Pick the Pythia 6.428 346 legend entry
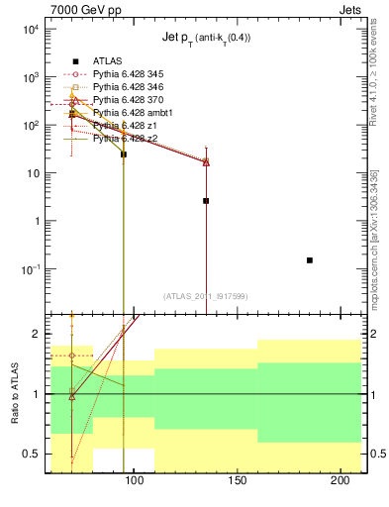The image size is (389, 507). pyautogui.click(x=126, y=87)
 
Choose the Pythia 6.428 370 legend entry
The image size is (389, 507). pyautogui.click(x=126, y=100)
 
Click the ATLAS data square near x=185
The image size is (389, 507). pyautogui.click(x=310, y=260)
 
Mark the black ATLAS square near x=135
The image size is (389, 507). pyautogui.click(x=206, y=201)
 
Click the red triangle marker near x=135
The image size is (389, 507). pyautogui.click(x=206, y=161)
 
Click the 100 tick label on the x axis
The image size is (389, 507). pyautogui.click(x=134, y=482)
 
